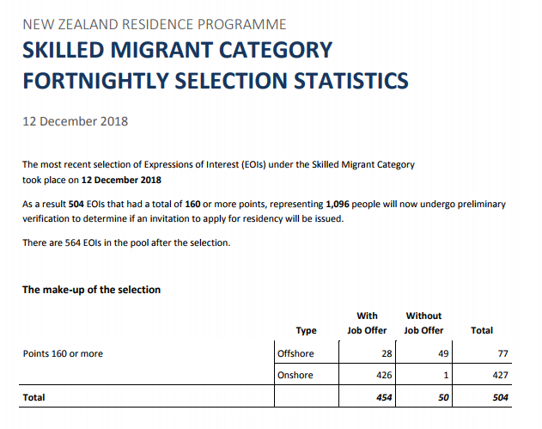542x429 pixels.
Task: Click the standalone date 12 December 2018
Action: tap(75, 121)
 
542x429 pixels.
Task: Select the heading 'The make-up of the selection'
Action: tap(91, 290)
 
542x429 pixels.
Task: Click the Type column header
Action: tap(306, 330)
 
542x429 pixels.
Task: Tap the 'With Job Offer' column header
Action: tap(367, 323)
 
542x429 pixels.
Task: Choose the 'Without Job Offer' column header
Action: tap(423, 323)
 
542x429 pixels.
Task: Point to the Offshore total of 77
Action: tap(502, 353)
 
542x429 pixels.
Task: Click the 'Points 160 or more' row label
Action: tap(63, 353)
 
